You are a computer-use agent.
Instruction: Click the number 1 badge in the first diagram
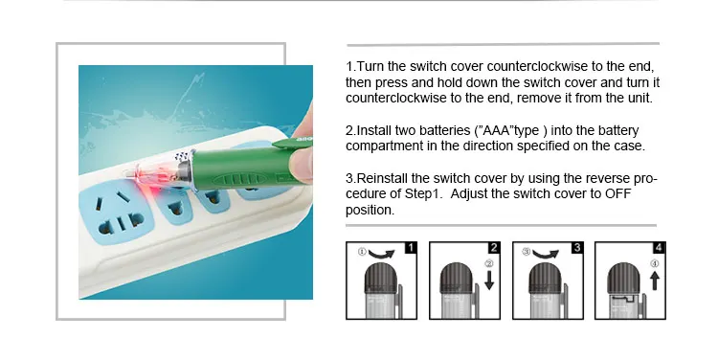(411, 248)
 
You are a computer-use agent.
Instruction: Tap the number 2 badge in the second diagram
(494, 248)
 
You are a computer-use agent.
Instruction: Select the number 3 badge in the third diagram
(577, 248)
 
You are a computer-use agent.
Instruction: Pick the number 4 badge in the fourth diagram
(659, 248)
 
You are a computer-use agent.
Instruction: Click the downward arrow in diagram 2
(489, 281)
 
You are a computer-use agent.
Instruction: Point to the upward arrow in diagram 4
(655, 281)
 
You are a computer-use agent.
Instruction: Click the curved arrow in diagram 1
(381, 254)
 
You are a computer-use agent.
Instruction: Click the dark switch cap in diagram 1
(380, 279)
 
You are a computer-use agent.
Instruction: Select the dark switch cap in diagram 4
(623, 279)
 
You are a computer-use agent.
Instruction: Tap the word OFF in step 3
(618, 193)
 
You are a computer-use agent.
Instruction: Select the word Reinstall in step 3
(383, 178)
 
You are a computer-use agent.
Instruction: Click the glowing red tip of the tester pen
(153, 179)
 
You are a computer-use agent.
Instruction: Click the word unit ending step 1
(639, 98)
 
